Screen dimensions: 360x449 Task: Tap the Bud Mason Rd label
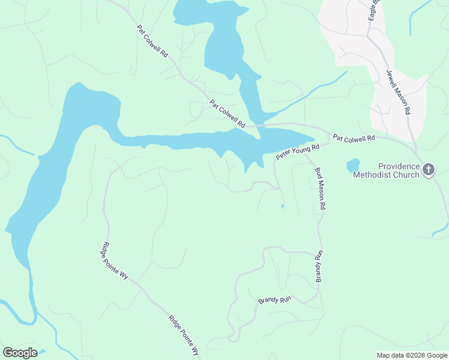[320, 188]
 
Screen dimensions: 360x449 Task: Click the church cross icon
[428, 170]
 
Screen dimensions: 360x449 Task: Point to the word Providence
[398, 166]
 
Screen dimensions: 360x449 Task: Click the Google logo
[20, 353]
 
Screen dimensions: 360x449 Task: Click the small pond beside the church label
[353, 165]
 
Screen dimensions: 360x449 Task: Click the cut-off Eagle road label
[375, 10]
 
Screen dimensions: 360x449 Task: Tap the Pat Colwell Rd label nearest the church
[354, 138]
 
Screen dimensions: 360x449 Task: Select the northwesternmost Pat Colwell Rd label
[152, 41]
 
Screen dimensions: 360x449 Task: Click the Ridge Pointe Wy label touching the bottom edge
[184, 337]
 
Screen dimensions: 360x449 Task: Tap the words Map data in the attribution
[390, 355]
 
